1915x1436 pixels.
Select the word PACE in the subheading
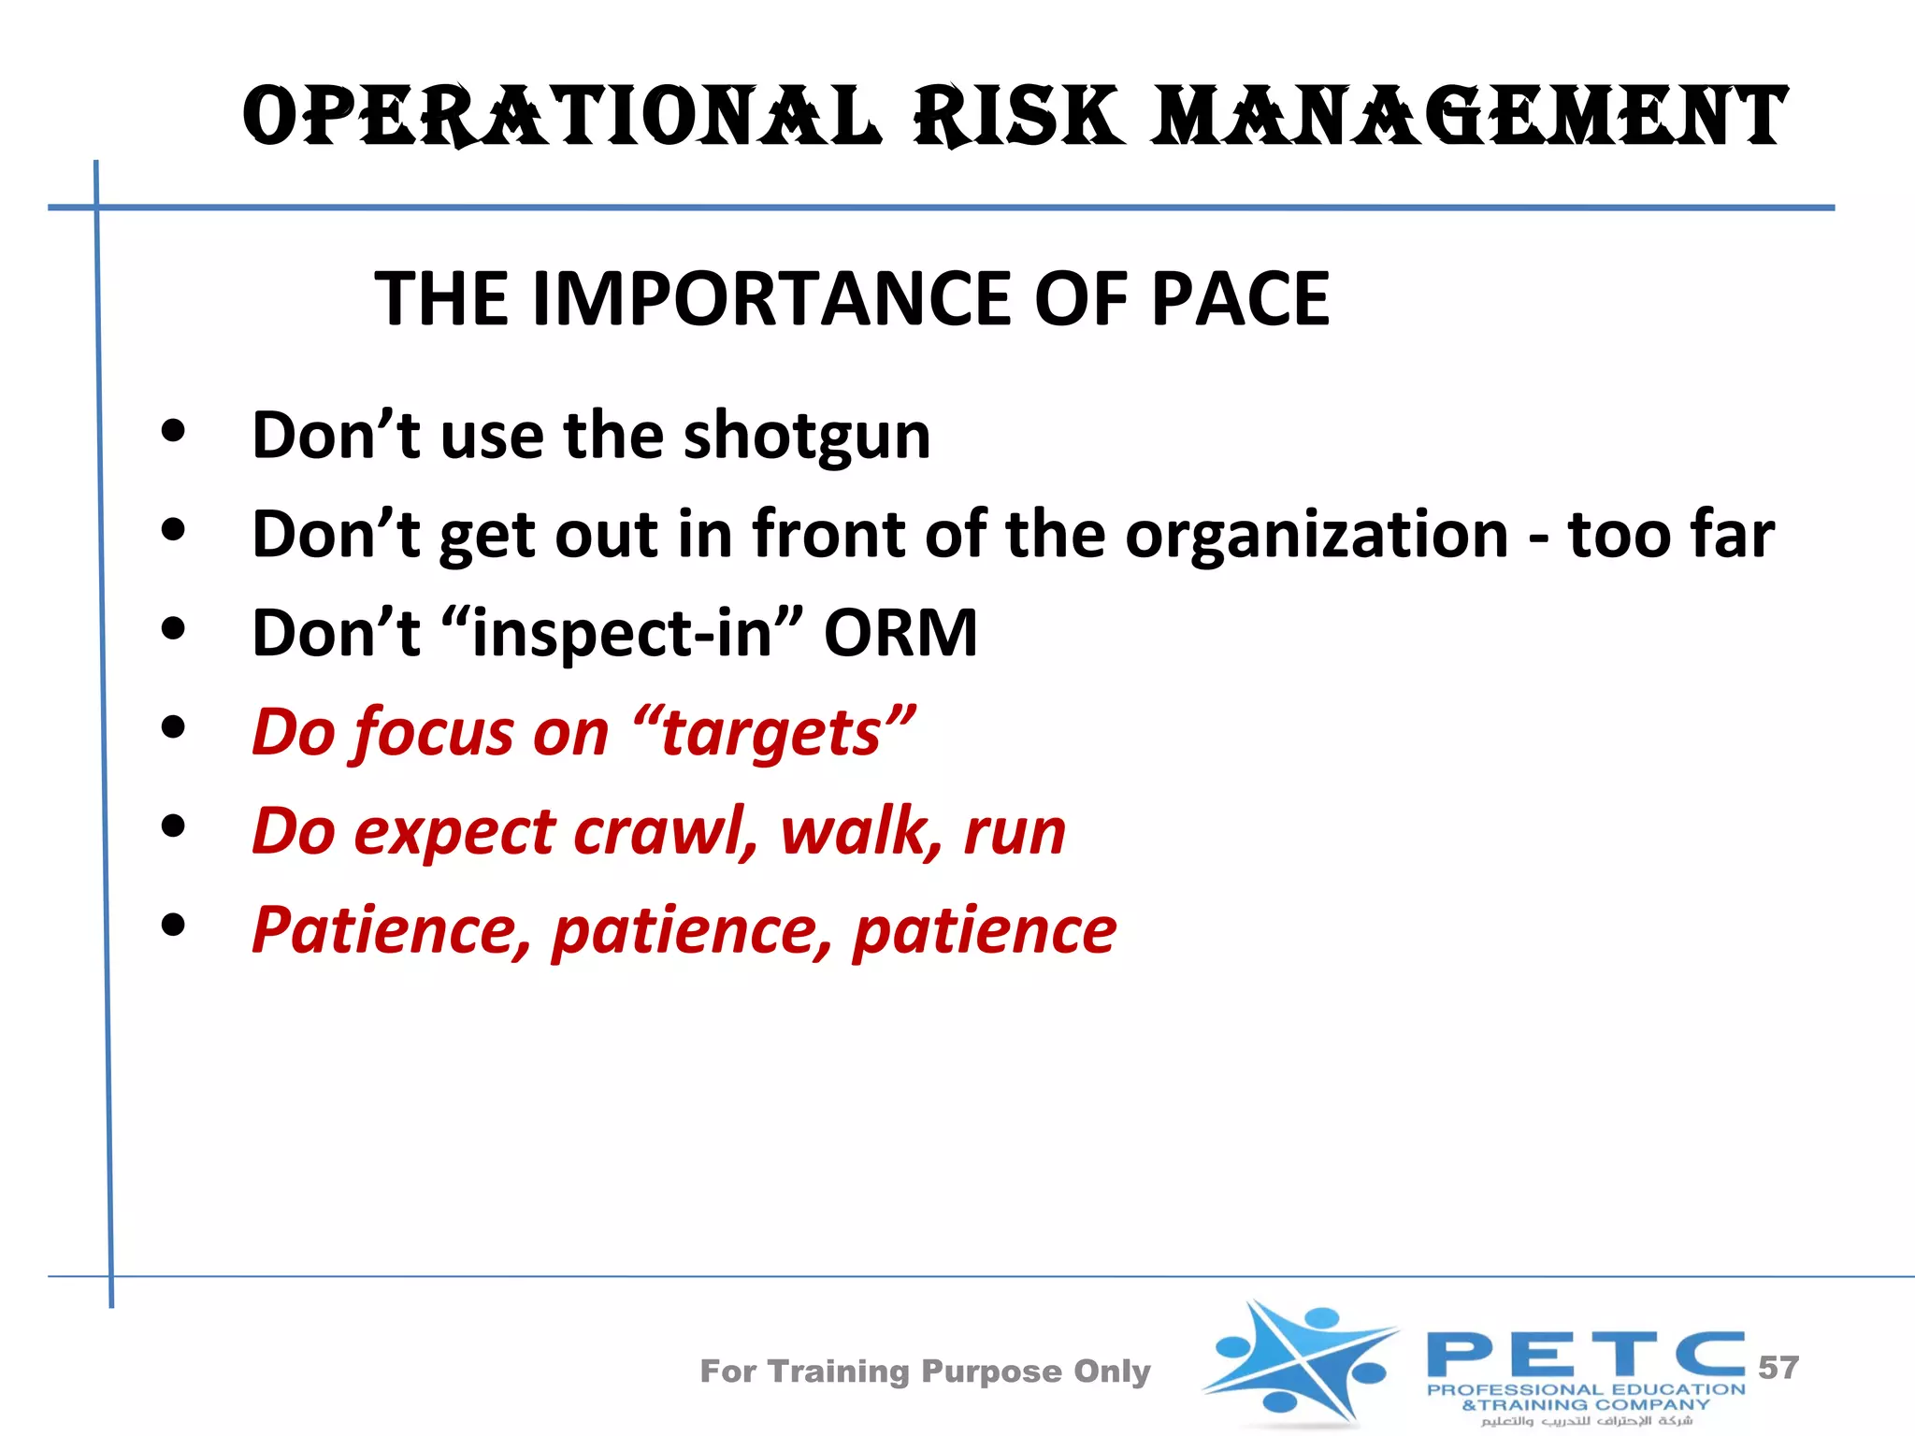click(1240, 299)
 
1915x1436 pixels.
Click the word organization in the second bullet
click(1316, 536)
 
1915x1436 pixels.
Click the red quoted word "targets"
click(773, 733)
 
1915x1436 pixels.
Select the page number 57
click(1778, 1368)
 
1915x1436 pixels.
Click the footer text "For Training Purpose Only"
click(925, 1371)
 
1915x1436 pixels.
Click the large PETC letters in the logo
click(1585, 1355)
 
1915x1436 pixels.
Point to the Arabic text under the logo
click(1586, 1422)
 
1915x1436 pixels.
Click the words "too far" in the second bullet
click(1670, 536)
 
